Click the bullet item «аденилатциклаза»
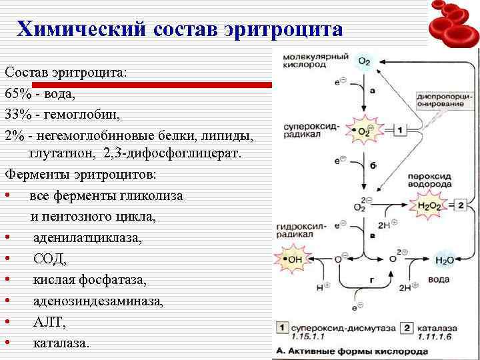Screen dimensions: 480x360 [87, 237]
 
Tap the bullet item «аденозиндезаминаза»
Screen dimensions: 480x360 [97, 301]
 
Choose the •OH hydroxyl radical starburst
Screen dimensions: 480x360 [293, 258]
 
